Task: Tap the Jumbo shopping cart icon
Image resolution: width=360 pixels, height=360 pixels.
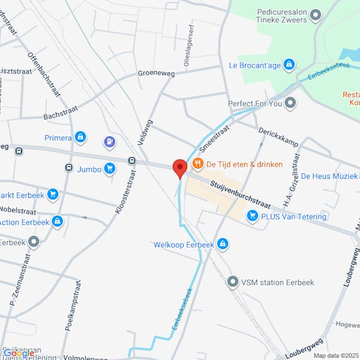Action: coord(109,169)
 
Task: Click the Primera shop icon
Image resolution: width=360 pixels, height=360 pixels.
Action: coord(80,137)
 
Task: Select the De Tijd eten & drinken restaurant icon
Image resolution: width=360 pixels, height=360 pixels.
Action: coord(197,164)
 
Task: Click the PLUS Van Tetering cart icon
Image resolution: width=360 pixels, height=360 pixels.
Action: coord(253,216)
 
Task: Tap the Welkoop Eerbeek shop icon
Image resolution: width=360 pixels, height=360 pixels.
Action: coord(223,244)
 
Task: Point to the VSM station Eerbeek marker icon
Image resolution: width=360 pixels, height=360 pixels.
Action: coord(232,281)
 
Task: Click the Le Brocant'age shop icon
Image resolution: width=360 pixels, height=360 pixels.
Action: coord(289,64)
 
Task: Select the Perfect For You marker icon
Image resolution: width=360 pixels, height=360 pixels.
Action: coord(291,103)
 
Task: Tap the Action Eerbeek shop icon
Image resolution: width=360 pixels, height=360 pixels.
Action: coord(57,221)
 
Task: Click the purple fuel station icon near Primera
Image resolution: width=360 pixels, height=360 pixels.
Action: coord(109,142)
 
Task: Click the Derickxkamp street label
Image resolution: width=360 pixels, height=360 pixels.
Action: coord(278,137)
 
